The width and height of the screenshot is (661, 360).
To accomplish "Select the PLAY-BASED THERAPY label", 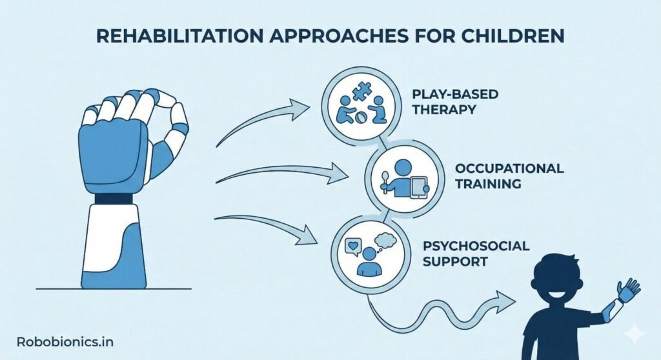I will [455, 102].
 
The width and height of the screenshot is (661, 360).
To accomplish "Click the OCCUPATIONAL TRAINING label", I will [509, 175].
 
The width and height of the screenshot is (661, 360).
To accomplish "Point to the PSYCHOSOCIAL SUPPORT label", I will [476, 254].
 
